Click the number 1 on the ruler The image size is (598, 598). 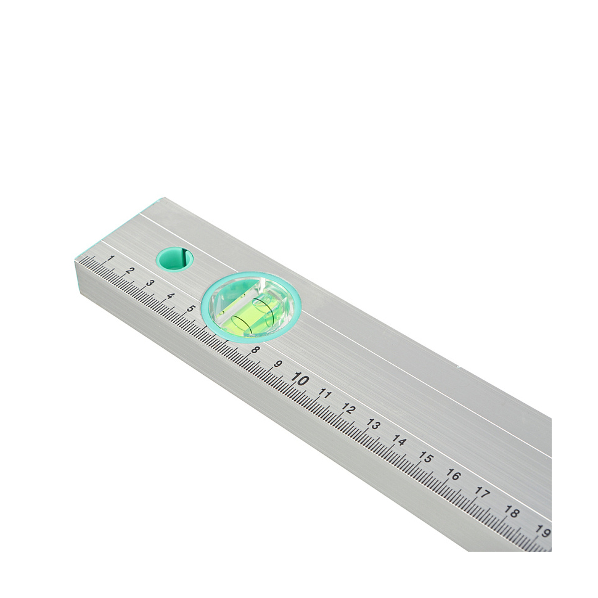[x=110, y=258]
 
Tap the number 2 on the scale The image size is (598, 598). [x=129, y=271]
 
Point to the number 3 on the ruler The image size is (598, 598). [x=150, y=284]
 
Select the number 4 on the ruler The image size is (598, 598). [x=171, y=297]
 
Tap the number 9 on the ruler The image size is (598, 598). [x=277, y=364]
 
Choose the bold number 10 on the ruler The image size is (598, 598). [x=300, y=380]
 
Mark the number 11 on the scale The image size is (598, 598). [x=324, y=394]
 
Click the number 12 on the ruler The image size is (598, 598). [x=348, y=409]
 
